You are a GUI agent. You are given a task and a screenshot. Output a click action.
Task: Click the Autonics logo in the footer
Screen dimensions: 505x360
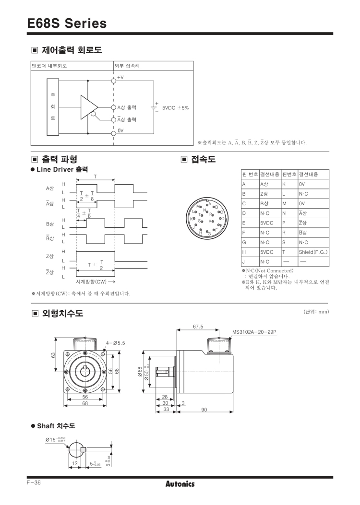(x=180, y=484)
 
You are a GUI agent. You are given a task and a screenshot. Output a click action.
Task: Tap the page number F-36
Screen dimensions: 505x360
(x=33, y=482)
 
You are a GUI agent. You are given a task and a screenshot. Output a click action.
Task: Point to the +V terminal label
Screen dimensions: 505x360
(x=120, y=78)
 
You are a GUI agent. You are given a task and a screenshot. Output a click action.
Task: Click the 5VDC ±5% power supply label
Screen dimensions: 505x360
(x=175, y=107)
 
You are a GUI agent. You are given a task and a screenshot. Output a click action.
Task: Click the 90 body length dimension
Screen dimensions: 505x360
(x=204, y=409)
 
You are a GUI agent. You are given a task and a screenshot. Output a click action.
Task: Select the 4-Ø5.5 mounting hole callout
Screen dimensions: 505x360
(x=115, y=342)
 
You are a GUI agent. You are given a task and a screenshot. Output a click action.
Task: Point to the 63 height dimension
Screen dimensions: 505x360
(x=54, y=354)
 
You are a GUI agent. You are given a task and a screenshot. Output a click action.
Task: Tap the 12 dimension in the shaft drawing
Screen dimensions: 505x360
(x=75, y=463)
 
